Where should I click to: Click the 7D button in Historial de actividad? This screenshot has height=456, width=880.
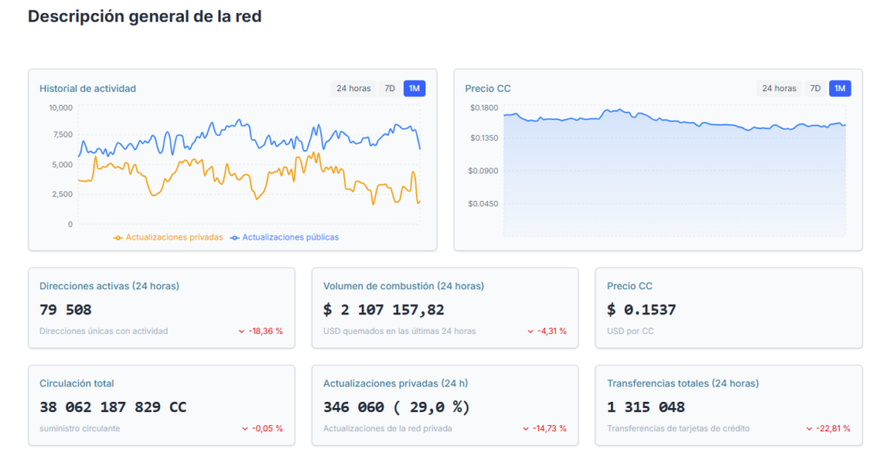[389, 88]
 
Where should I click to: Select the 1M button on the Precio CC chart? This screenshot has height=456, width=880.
[840, 88]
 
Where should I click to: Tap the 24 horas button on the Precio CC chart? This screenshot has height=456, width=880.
[779, 88]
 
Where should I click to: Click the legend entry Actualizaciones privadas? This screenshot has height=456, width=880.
[168, 237]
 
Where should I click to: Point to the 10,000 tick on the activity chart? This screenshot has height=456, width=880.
[60, 108]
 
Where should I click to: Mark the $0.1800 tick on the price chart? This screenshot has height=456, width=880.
[484, 108]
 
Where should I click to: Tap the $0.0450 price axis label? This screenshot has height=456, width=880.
[484, 204]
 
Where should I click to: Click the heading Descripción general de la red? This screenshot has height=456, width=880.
[144, 16]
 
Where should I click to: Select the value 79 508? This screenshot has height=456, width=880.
[65, 310]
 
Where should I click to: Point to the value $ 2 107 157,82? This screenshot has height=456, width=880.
[383, 310]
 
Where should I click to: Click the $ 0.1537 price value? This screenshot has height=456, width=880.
[641, 310]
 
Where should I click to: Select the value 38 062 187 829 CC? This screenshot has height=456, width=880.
[113, 407]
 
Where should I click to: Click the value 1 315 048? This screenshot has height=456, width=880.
[645, 407]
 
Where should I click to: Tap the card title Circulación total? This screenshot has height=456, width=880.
[76, 384]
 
